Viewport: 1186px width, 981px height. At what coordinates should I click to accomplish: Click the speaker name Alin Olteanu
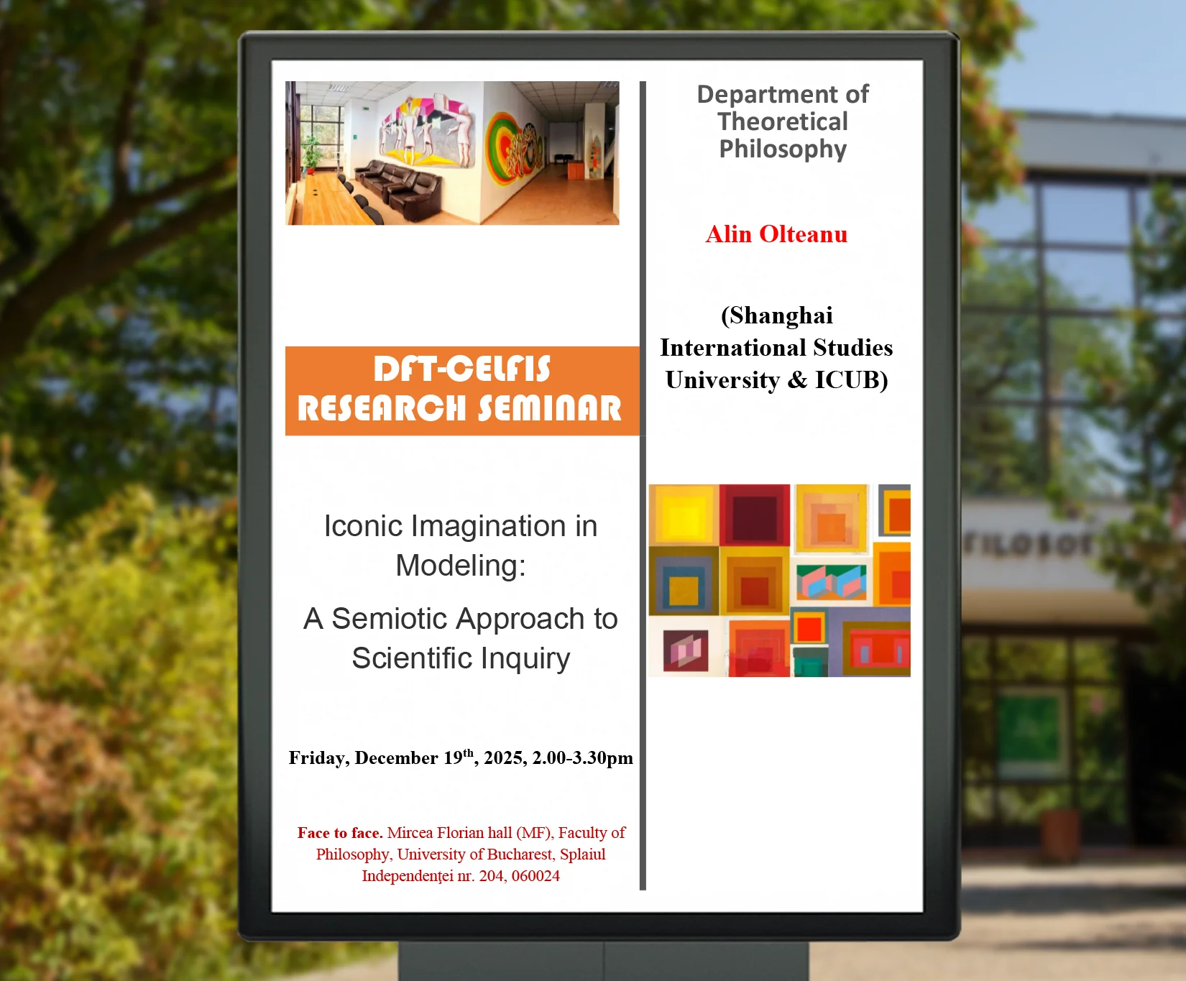click(776, 234)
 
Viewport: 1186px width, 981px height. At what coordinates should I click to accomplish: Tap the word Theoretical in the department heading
click(783, 121)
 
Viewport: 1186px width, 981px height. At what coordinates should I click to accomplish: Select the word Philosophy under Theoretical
click(783, 149)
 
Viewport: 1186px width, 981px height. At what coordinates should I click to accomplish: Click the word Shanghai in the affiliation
click(777, 316)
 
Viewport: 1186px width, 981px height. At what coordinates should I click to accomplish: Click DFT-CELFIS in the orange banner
click(461, 369)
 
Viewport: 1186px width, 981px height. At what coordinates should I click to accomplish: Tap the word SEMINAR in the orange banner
click(550, 408)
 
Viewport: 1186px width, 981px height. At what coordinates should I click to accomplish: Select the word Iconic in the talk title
click(363, 526)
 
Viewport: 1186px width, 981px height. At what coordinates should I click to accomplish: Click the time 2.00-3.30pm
click(583, 758)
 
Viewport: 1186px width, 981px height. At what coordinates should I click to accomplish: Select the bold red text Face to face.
click(340, 833)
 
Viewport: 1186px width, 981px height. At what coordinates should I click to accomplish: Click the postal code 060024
click(535, 876)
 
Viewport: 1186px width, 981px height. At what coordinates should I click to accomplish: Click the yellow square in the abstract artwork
click(684, 515)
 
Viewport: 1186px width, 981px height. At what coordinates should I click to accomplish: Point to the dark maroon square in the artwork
click(755, 515)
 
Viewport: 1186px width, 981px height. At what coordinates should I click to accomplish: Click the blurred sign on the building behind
click(1029, 545)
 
